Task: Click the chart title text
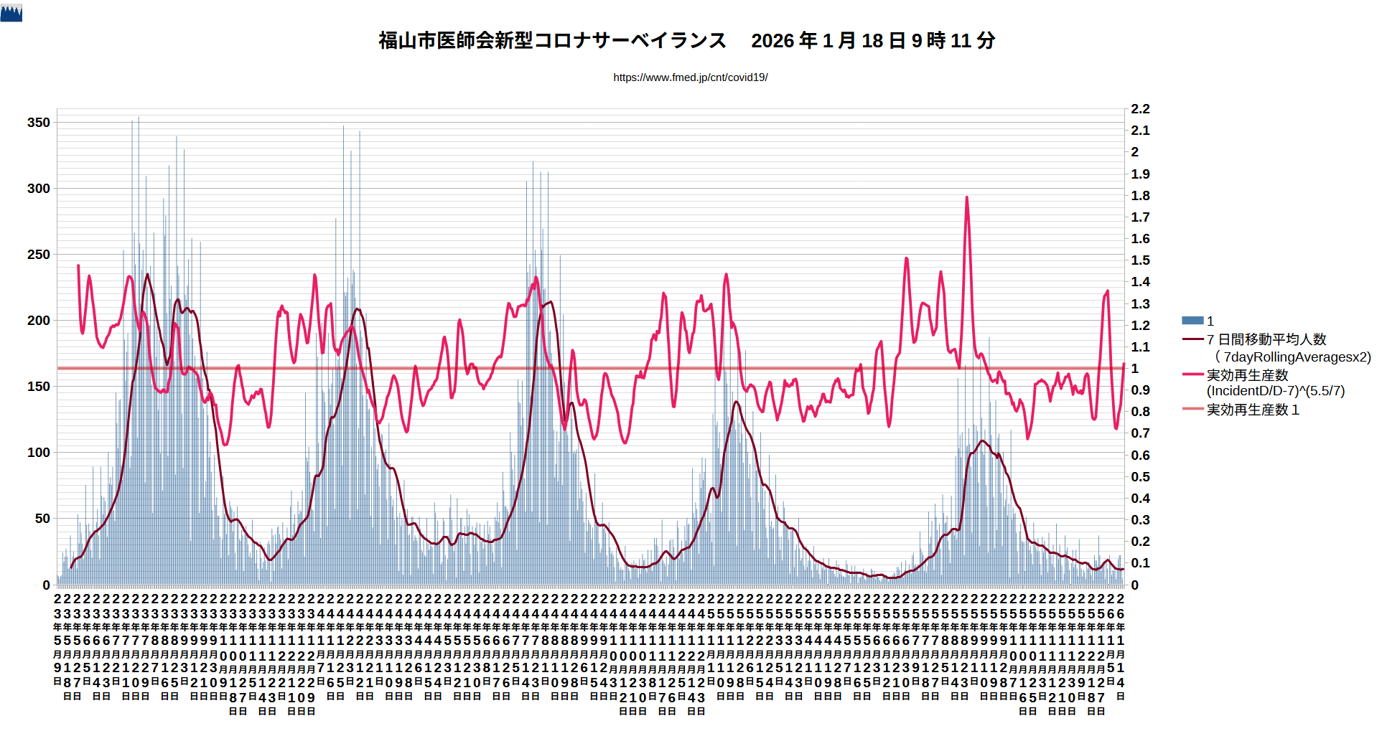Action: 686,41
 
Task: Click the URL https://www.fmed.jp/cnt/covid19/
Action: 690,77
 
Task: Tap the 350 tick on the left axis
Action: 39,123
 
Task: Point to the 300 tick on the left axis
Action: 39,189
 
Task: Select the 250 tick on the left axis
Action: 39,255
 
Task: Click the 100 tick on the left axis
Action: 39,453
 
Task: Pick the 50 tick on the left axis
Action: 42,519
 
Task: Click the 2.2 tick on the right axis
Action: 1140,109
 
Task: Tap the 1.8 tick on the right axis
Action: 1140,196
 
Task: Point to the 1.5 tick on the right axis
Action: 1140,260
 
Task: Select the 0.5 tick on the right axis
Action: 1140,477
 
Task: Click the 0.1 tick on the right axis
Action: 1140,563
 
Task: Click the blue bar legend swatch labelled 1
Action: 1192,321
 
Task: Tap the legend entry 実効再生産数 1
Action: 1252,410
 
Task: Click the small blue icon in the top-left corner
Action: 11,13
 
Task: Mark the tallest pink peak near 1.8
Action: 966,198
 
